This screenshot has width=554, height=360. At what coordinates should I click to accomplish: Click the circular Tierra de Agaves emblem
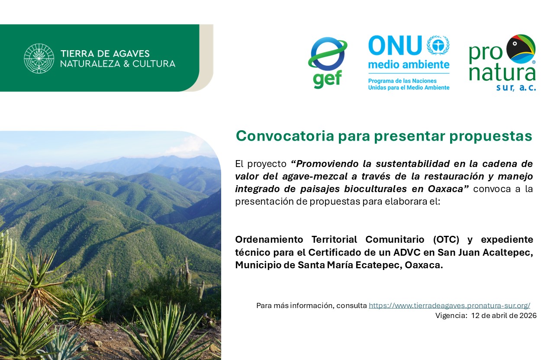[x=39, y=58]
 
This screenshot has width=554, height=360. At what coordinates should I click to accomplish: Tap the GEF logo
[x=328, y=63]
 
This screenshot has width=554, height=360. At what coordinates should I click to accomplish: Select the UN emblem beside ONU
[x=438, y=45]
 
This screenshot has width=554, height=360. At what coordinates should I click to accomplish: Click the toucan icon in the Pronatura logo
[x=521, y=49]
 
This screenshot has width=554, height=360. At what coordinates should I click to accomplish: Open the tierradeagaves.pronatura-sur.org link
[x=449, y=305]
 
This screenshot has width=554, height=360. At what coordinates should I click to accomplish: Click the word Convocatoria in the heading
[x=285, y=136]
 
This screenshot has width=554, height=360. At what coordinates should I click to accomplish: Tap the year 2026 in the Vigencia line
[x=528, y=315]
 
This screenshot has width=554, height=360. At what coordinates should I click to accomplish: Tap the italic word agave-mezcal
[x=315, y=177]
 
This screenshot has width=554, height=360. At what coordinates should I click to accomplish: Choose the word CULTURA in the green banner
[x=154, y=64]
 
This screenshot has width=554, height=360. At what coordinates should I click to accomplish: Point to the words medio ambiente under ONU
[x=409, y=65]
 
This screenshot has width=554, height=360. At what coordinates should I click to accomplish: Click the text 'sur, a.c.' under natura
[x=516, y=87]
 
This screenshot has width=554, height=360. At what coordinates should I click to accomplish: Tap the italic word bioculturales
[x=375, y=189]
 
